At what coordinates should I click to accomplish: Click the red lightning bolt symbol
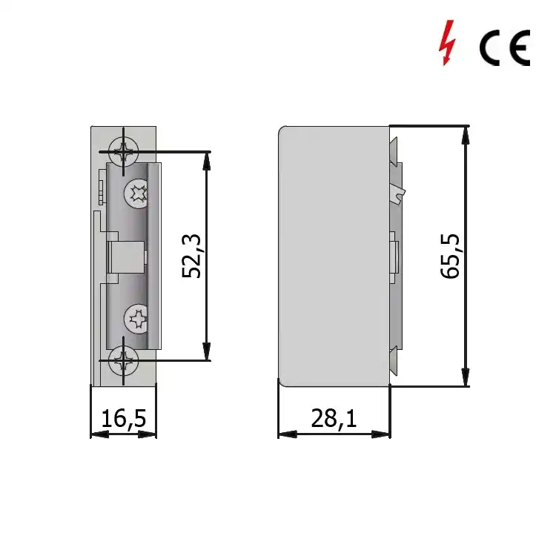point(447,42)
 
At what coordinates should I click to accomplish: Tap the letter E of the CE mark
point(519,48)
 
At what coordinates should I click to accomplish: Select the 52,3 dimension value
point(192,256)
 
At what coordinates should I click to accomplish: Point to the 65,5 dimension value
point(450,256)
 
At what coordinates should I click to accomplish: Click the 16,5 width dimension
point(123,418)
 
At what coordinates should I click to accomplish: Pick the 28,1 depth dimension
point(334,418)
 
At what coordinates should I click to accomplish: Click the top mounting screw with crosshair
point(123,152)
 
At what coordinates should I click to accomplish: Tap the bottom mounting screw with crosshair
point(123,360)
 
